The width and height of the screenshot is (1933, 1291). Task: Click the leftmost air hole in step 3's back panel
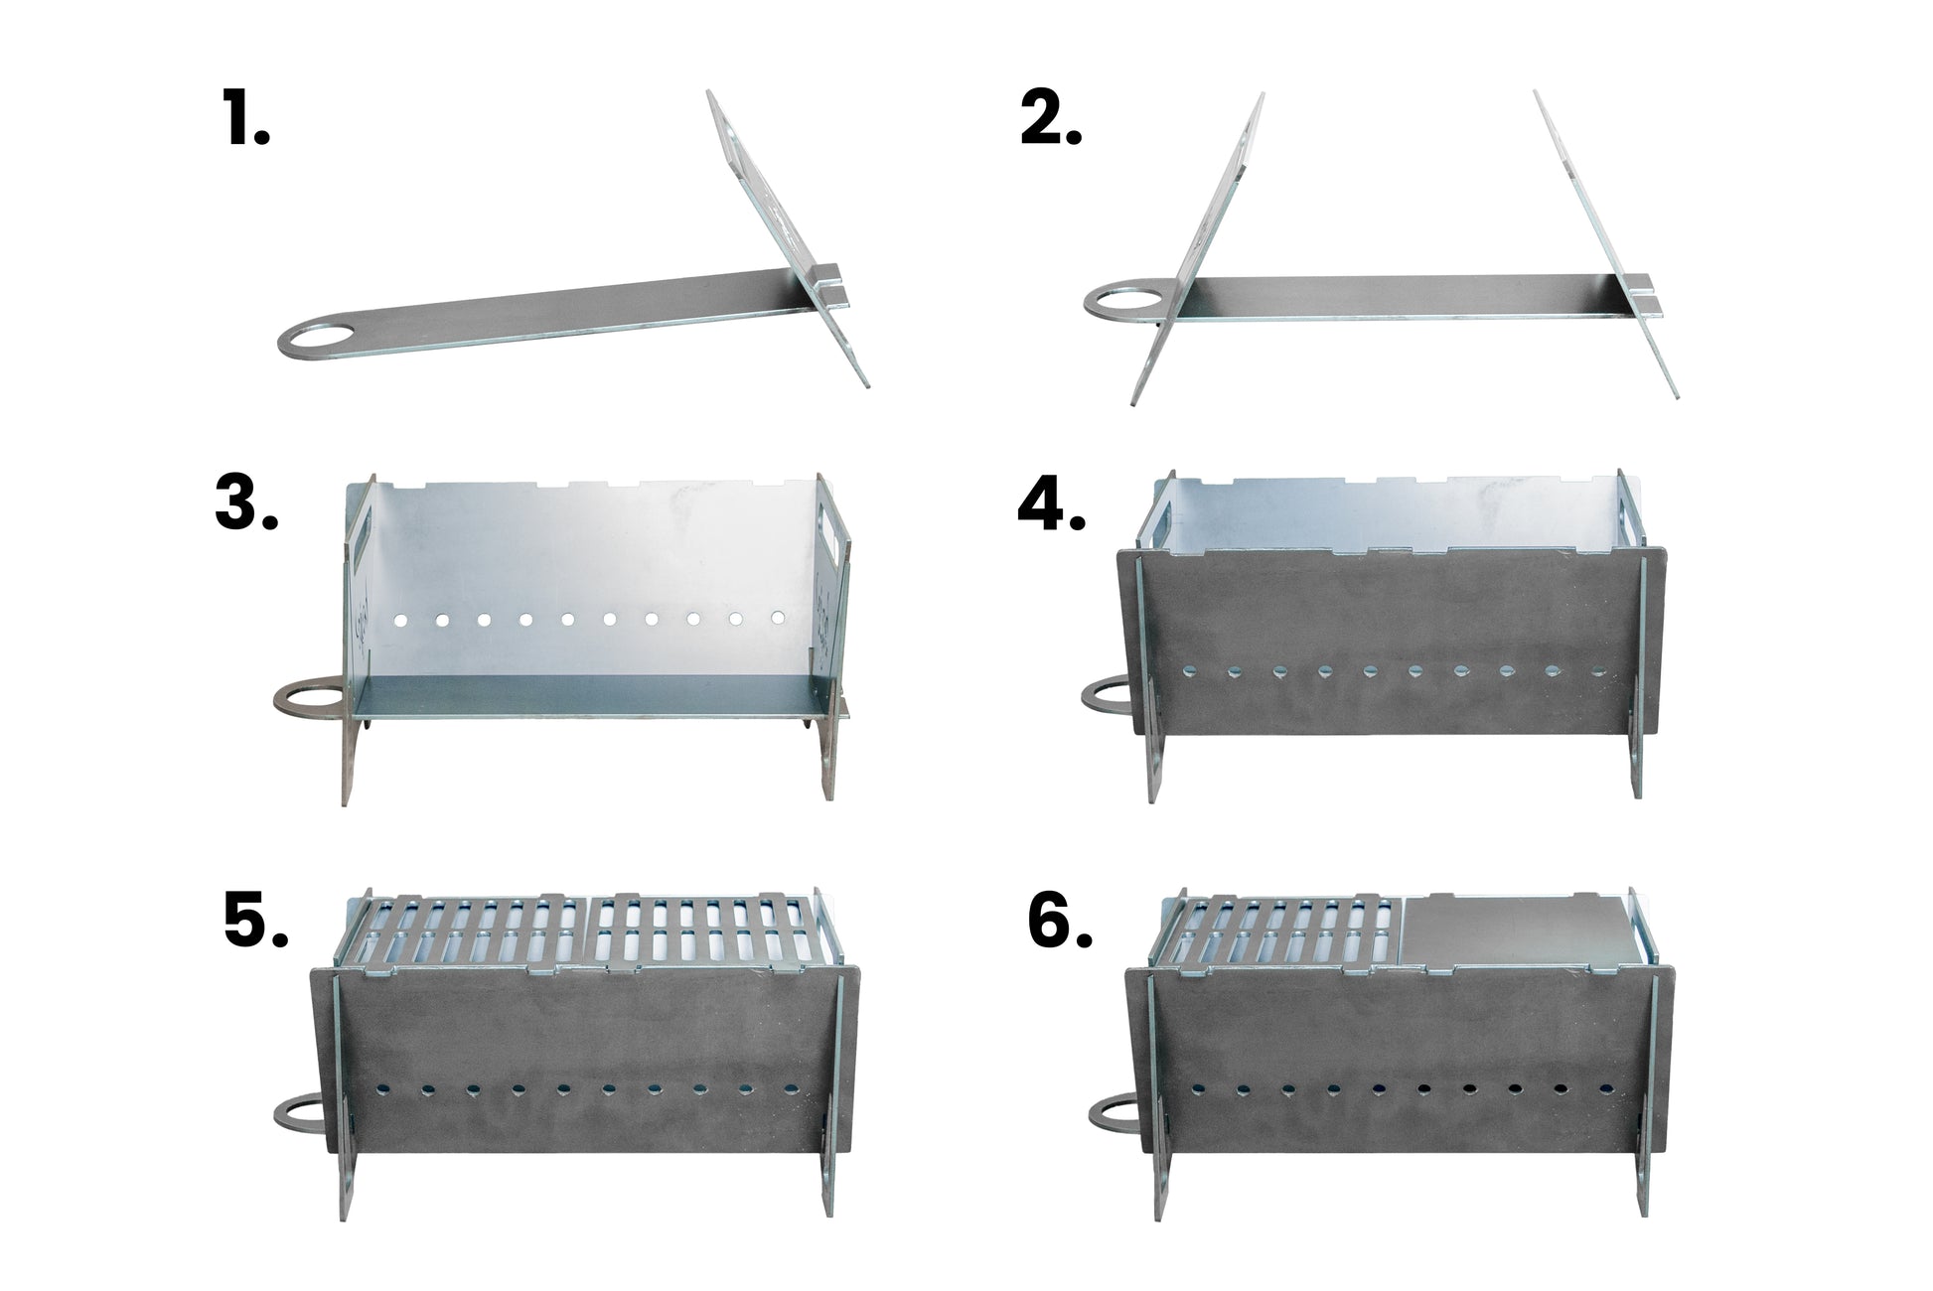(401, 620)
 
